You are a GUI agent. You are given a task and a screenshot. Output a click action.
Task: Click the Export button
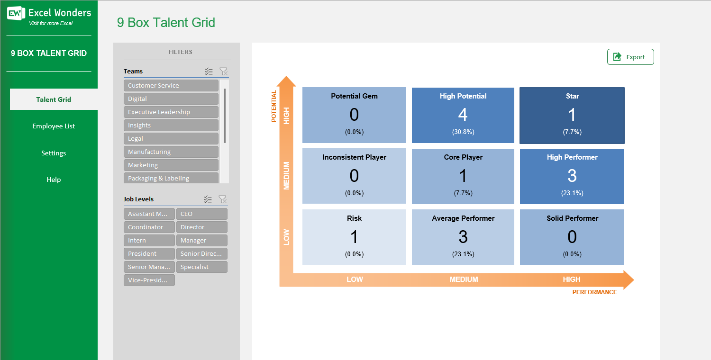point(630,57)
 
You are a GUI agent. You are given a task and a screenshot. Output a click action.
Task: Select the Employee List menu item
point(54,126)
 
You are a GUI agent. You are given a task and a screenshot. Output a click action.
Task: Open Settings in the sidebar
point(54,153)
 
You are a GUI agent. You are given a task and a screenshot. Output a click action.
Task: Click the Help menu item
point(54,180)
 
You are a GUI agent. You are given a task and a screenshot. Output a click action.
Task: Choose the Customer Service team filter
point(171,86)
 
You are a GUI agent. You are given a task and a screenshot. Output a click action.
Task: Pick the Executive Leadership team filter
point(171,112)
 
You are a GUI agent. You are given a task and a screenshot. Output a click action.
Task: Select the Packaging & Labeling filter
point(171,178)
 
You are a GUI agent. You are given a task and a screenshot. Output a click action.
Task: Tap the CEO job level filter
point(201,214)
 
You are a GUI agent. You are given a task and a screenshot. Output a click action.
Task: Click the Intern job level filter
point(149,241)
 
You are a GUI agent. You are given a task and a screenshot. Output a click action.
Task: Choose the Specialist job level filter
point(201,267)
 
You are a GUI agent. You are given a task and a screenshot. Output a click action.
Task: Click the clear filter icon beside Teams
point(223,72)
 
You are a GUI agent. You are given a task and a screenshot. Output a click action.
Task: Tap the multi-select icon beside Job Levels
point(208,199)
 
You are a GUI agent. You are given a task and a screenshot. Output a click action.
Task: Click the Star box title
point(572,96)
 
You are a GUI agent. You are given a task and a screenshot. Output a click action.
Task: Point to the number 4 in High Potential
point(463,115)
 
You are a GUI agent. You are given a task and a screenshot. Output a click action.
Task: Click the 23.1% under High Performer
point(572,193)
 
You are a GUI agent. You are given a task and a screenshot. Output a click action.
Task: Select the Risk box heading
point(354,218)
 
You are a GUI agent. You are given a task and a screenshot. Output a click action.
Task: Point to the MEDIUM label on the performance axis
point(464,279)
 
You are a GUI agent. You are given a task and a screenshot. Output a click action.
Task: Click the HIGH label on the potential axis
point(286,116)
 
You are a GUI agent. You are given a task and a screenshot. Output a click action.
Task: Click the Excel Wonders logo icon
point(16,13)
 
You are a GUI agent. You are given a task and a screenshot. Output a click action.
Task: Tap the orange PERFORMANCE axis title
point(594,292)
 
